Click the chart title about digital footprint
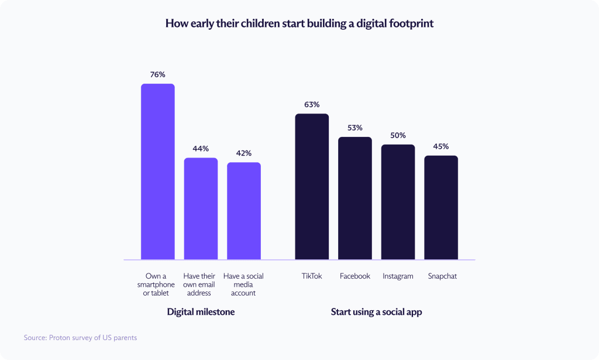tap(299, 24)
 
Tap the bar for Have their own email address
tap(201, 208)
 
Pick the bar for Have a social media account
tap(244, 211)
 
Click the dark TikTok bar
tap(312, 186)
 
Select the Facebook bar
tap(355, 198)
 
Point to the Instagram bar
tap(398, 202)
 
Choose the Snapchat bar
tap(441, 207)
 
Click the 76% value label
tap(157, 75)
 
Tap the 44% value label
tap(201, 149)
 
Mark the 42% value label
tap(244, 153)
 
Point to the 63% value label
tap(312, 105)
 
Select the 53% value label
tap(355, 128)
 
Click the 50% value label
tap(398, 135)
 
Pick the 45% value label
tap(441, 146)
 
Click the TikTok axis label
tap(312, 276)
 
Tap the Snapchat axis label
tap(442, 276)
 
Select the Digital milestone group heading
tap(201, 312)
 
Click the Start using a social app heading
tap(376, 312)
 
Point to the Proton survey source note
tap(80, 338)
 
